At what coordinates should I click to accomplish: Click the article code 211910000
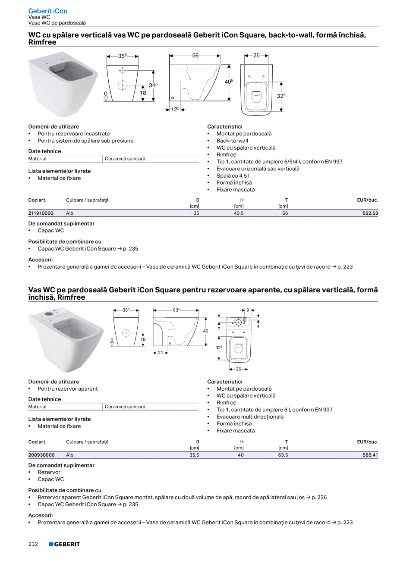(41, 213)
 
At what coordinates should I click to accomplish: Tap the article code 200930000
(41, 455)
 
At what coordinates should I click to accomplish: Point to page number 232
(33, 544)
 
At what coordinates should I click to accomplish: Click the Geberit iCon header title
(47, 11)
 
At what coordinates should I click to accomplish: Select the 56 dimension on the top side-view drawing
(195, 56)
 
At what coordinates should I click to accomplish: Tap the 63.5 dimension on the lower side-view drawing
(176, 310)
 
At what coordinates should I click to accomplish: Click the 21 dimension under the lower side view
(161, 353)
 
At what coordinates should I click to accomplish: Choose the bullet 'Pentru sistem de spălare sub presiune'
(85, 141)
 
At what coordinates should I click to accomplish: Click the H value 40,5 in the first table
(239, 213)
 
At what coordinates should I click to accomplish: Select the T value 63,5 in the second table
(283, 455)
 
